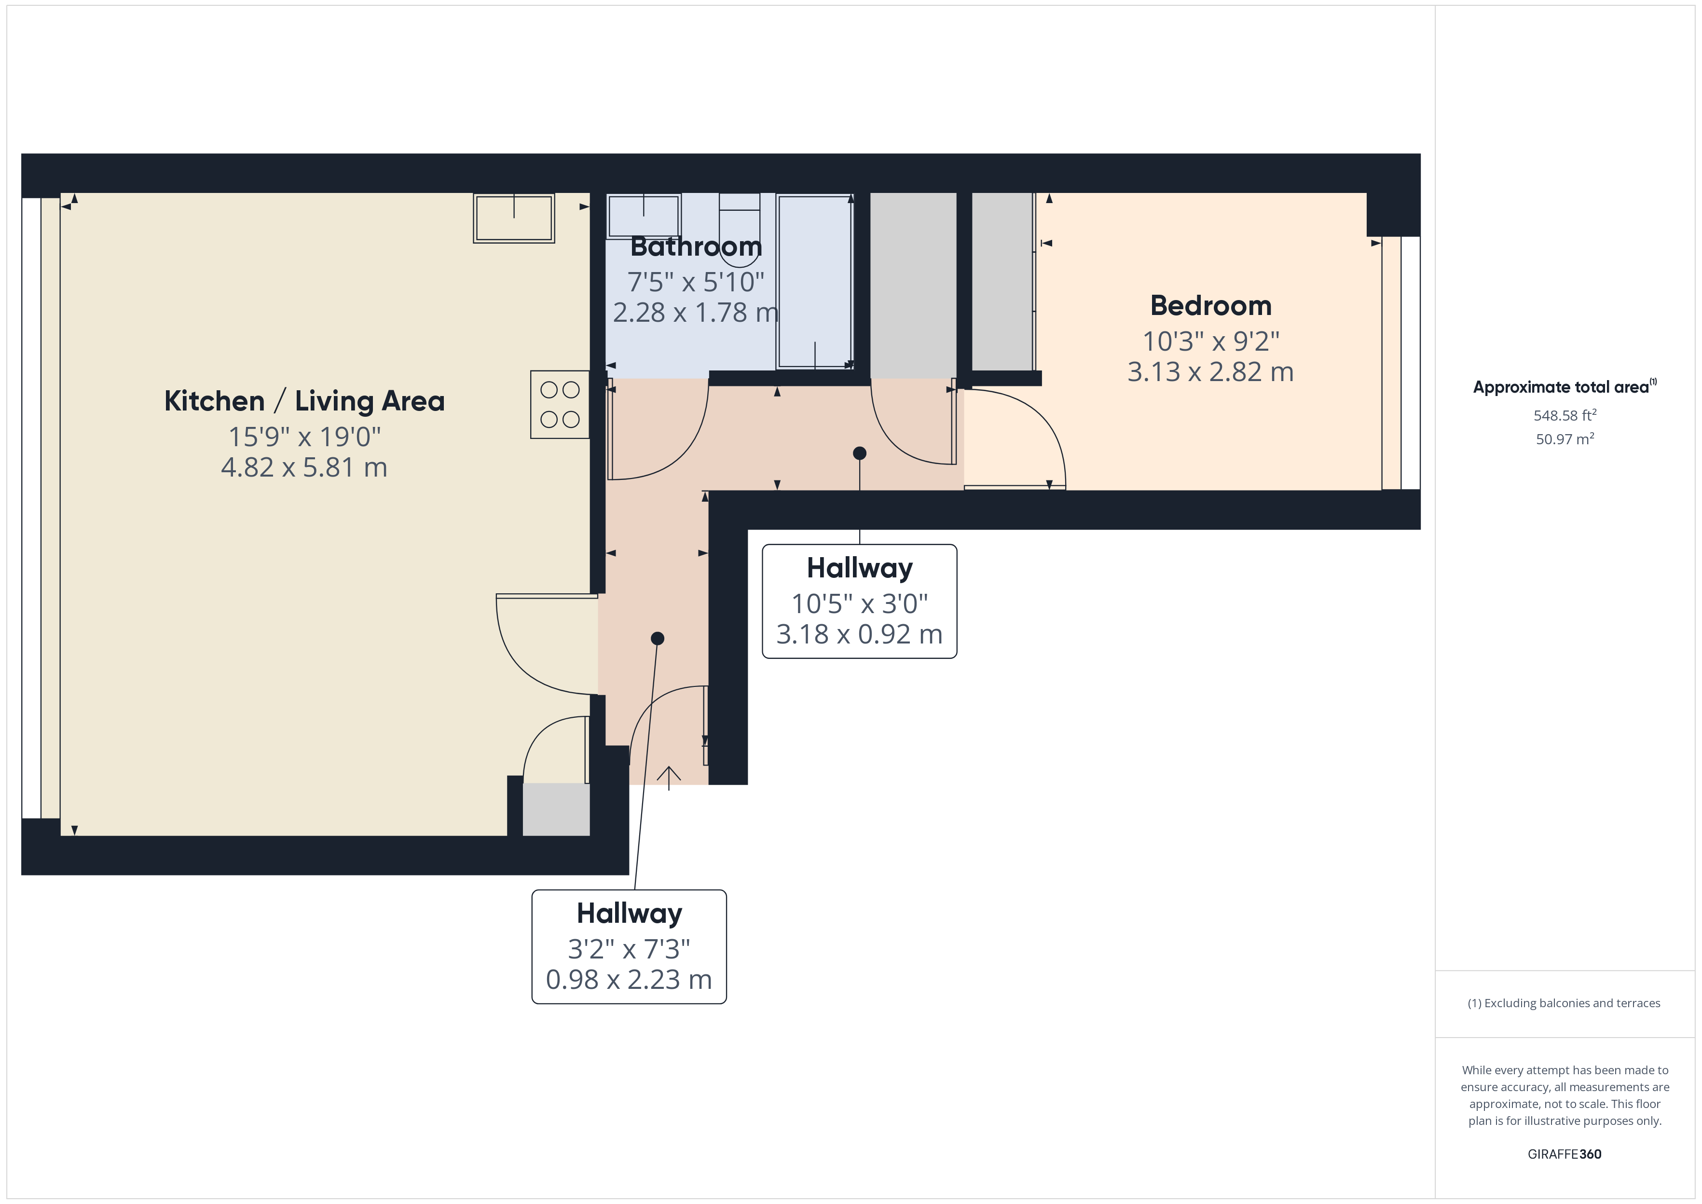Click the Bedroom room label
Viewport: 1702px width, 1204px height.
coord(1210,305)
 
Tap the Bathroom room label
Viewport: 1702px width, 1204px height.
coord(695,246)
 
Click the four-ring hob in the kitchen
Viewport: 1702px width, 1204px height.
coord(560,405)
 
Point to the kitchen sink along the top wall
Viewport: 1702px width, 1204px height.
coord(514,218)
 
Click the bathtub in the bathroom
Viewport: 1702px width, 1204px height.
coord(815,282)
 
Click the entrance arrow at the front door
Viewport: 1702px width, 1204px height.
coord(669,777)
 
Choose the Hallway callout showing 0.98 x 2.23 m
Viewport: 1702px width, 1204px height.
coord(629,947)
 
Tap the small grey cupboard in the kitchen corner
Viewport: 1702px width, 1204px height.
coord(556,809)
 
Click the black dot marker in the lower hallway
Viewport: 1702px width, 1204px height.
coord(657,638)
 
